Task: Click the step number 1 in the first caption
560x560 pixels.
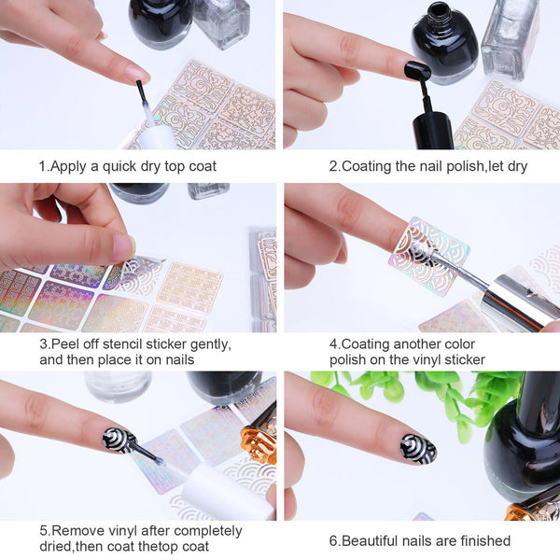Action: coord(42,166)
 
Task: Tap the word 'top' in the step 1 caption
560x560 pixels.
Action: coord(173,166)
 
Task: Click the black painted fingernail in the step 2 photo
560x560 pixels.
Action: coord(416,71)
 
